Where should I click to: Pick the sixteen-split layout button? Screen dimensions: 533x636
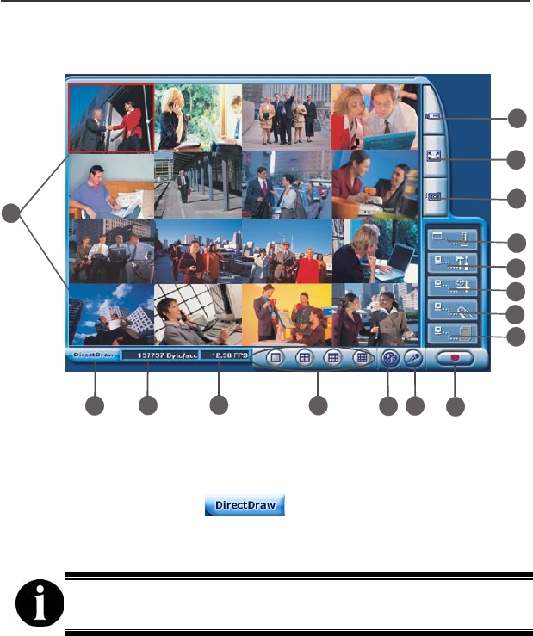[363, 359]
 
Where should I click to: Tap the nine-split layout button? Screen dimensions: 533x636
[332, 359]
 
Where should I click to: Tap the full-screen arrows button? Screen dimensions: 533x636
[433, 157]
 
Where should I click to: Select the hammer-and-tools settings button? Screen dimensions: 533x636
[453, 260]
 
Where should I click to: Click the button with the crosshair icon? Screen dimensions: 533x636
[453, 284]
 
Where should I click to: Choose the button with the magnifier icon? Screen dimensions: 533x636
[453, 307]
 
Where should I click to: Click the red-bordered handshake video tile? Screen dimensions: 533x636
[111, 118]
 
